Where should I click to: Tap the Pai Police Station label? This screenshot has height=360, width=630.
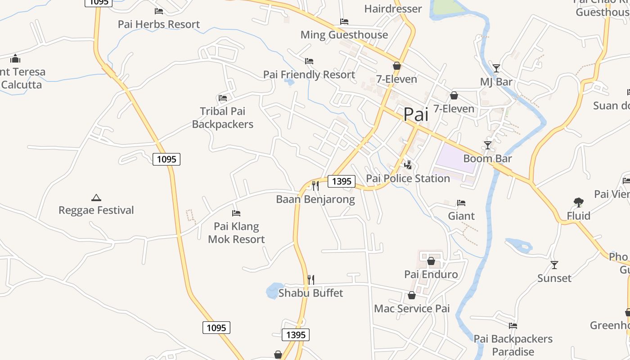[408, 179]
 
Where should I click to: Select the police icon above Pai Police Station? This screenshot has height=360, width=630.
[408, 165]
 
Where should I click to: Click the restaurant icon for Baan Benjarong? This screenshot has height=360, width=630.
[315, 185]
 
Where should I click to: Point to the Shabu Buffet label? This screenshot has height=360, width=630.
[310, 293]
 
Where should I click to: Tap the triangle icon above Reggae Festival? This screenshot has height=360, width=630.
[96, 198]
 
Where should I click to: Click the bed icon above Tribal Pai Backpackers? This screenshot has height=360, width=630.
[222, 98]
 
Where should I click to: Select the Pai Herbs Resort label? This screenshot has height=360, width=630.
[158, 24]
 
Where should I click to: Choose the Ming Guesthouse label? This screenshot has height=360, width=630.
[344, 35]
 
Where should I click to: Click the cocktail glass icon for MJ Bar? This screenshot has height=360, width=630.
[496, 68]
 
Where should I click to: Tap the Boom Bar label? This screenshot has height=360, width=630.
[487, 159]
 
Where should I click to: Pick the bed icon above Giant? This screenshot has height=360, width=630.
[461, 203]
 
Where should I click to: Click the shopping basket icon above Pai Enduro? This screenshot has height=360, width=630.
[431, 261]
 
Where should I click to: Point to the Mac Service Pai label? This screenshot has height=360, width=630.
[412, 309]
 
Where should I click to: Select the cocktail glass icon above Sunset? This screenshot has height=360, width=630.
[554, 265]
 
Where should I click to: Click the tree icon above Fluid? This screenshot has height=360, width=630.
[578, 202]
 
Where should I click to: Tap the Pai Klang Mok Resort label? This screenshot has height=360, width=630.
[236, 233]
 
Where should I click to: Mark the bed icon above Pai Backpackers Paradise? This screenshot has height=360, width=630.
[513, 326]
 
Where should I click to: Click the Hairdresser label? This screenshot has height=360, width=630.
[393, 9]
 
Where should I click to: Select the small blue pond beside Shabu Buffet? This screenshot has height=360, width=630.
[274, 291]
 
